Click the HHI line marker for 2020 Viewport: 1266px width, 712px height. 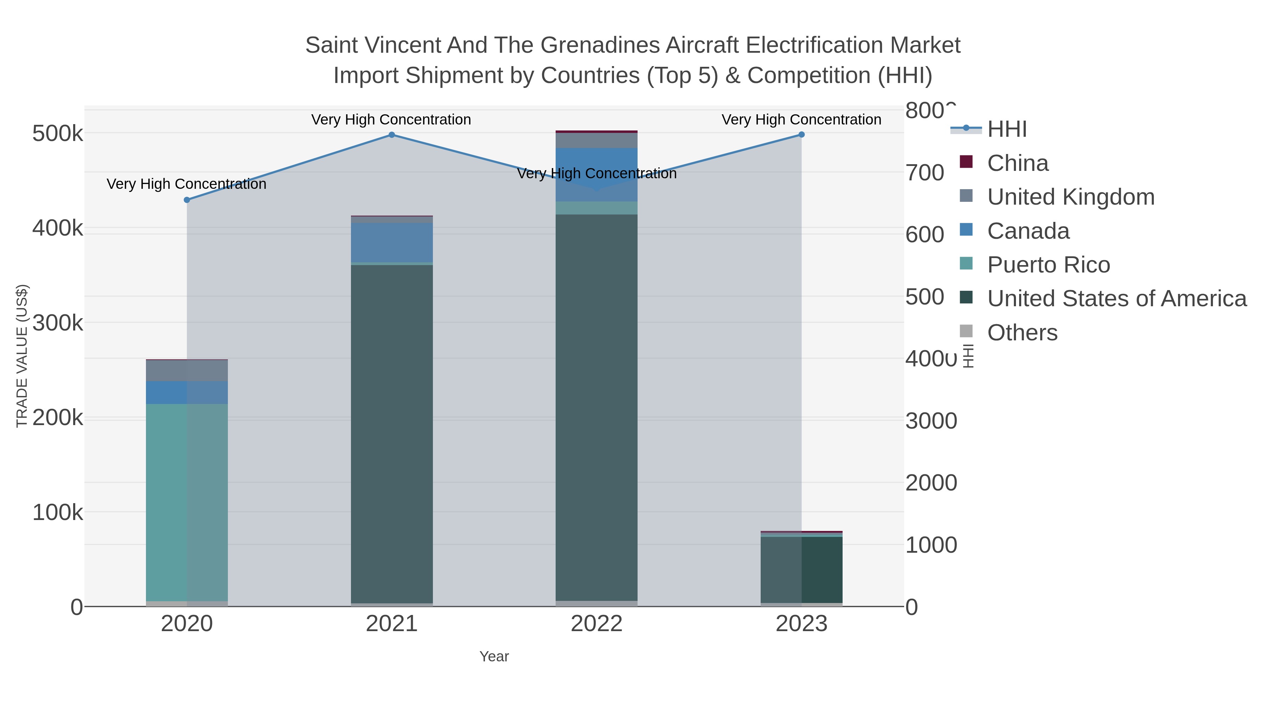point(187,200)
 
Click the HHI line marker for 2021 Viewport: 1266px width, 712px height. point(392,135)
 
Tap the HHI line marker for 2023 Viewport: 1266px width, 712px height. point(801,135)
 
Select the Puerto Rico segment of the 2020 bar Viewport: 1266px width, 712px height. point(187,501)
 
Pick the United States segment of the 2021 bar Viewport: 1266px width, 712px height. point(392,432)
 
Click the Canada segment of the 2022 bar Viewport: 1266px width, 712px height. point(597,174)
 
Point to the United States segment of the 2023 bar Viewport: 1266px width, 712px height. point(801,570)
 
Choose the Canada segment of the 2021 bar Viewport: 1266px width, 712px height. point(392,242)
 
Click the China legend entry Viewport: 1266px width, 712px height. point(1017,163)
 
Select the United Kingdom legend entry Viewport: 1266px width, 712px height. point(1070,197)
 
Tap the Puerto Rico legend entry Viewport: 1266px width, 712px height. point(1048,265)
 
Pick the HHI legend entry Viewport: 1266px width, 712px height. point(1006,129)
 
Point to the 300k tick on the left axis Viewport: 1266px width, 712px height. point(58,323)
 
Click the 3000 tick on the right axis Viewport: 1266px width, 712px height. point(931,421)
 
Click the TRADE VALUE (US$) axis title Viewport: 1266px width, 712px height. point(22,356)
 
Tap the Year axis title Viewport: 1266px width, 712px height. point(494,656)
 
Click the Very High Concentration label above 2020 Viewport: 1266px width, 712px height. point(187,184)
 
